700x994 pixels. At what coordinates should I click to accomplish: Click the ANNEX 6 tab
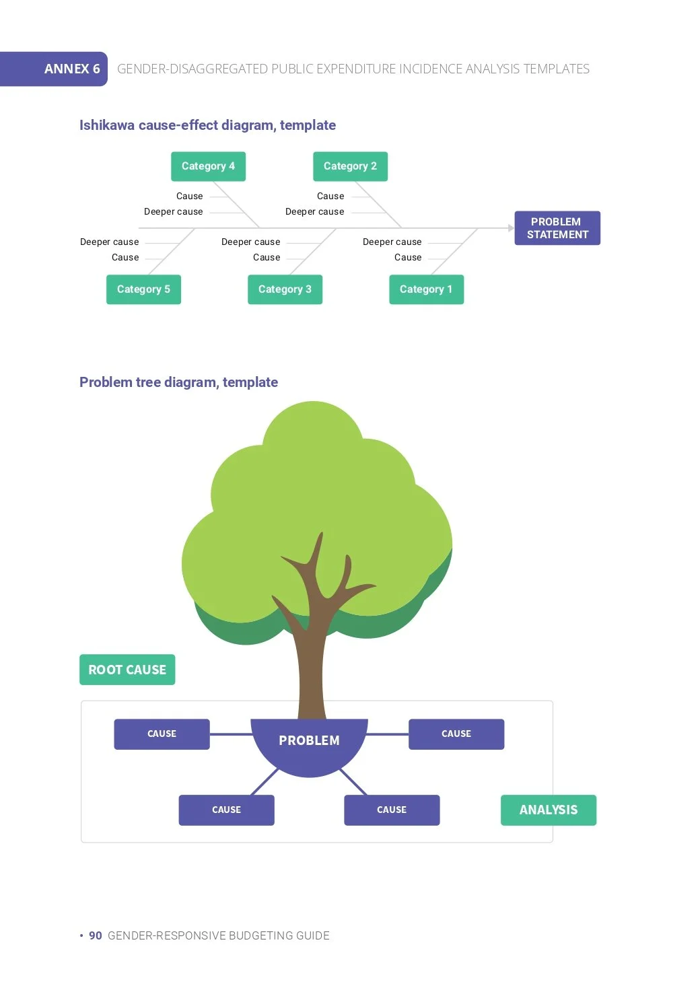pos(53,69)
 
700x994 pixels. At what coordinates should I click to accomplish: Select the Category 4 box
pos(208,166)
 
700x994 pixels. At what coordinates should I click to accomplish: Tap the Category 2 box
pos(350,166)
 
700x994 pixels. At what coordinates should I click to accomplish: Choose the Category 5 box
pos(143,289)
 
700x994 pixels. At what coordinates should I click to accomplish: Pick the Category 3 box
pos(285,289)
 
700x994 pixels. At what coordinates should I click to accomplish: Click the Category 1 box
pos(427,289)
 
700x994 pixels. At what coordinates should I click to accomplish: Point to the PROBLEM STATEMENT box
pos(557,228)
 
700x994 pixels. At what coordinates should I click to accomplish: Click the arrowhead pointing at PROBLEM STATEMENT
pos(512,228)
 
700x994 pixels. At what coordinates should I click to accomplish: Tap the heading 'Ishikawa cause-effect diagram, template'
pos(207,125)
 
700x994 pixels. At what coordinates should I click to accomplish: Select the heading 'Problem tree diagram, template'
pos(178,382)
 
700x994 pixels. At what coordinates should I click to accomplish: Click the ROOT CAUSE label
pos(127,670)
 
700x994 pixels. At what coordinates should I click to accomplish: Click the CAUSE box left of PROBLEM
pos(162,734)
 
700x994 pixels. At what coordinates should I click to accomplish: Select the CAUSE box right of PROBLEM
pos(456,734)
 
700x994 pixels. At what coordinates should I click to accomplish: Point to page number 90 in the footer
pos(96,936)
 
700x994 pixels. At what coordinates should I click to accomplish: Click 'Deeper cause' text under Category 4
pos(173,212)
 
